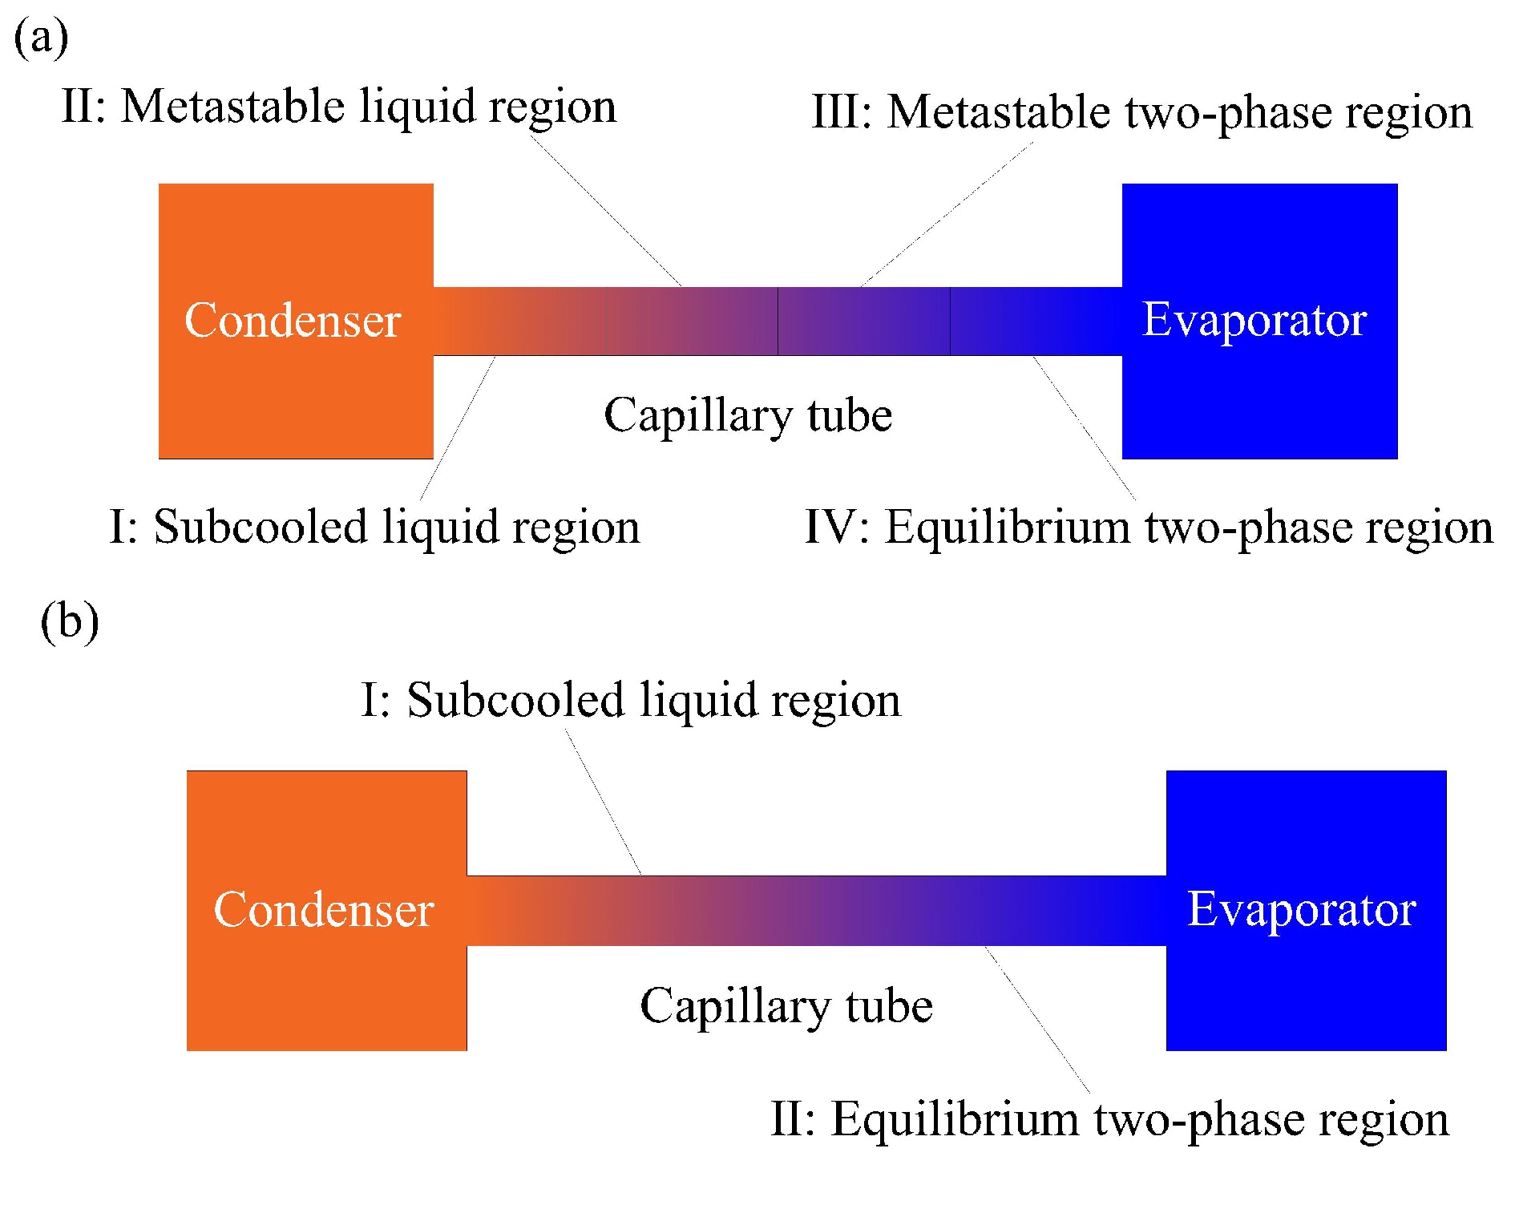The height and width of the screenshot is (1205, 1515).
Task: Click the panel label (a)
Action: tap(41, 38)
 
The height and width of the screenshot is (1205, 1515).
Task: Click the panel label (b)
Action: tap(70, 621)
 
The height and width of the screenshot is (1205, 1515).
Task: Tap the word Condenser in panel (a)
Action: tap(293, 321)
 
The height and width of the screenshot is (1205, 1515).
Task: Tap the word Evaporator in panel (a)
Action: tap(1254, 320)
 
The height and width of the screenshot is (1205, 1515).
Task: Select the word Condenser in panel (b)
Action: tap(324, 910)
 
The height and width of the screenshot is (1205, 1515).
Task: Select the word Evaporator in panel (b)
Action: tap(1302, 909)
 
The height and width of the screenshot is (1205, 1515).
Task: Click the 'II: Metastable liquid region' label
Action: tap(339, 107)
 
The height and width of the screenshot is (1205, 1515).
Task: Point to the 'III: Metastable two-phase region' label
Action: tap(1142, 112)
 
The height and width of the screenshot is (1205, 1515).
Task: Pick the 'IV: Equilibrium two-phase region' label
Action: tap(1149, 528)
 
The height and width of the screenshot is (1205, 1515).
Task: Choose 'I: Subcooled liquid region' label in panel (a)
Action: tap(374, 528)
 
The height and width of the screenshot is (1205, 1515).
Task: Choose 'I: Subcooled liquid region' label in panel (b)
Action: tap(631, 700)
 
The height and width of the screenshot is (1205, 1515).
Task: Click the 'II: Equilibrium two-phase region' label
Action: tap(1109, 1119)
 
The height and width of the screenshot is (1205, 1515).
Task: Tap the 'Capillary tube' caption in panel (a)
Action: tap(748, 415)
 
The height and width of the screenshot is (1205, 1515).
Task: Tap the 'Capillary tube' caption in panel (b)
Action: tap(786, 1006)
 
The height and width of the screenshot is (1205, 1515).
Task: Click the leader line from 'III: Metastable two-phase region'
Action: tap(947, 215)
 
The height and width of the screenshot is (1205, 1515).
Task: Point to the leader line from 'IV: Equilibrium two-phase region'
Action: tap(1084, 428)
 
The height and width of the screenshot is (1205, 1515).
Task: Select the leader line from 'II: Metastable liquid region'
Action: tap(605, 211)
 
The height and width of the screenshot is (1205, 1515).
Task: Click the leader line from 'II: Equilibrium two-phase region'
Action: tap(1037, 1019)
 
